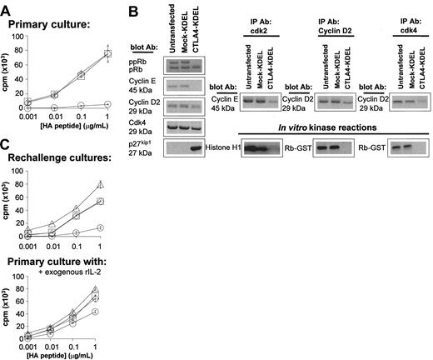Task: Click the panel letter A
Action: [x=7, y=7]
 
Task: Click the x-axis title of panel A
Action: [x=72, y=134]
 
